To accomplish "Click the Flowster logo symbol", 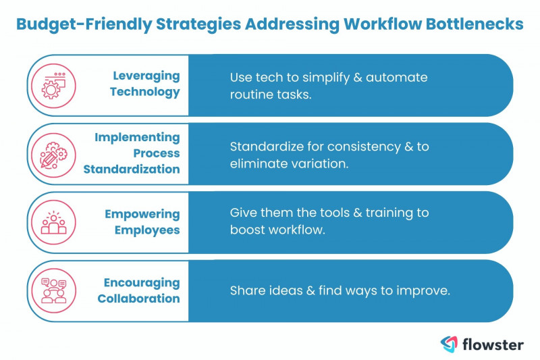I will coord(450,344).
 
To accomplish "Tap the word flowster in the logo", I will coord(493,344).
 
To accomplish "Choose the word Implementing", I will coord(137,137).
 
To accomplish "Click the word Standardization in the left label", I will coord(132,169).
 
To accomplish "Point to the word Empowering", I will coord(142,214).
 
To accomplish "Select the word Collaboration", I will coord(138,298).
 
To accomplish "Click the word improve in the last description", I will coord(426,290).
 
